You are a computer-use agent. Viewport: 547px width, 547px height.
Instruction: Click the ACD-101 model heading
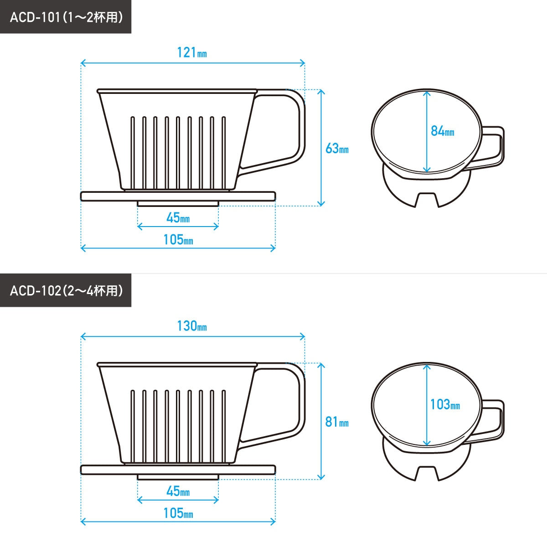pos(66,17)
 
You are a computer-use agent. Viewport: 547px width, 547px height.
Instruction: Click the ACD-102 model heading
pos(66,290)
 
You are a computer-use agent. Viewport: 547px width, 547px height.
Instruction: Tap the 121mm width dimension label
pos(192,52)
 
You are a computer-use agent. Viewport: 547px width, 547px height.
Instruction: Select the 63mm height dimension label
pos(337,148)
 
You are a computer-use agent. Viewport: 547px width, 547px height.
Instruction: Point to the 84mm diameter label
pos(442,131)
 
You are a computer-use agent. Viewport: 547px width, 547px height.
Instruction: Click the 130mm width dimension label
pos(192,326)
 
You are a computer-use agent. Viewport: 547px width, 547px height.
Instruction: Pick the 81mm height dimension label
pos(337,422)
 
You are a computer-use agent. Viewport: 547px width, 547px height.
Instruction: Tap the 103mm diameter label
pos(445,404)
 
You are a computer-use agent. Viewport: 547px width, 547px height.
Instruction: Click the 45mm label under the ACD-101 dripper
pos(178,218)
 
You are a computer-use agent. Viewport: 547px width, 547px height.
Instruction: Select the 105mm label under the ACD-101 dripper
pos(178,240)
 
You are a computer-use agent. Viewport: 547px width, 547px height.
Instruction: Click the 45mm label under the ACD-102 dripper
pos(178,491)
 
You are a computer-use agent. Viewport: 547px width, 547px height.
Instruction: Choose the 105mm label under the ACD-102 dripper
pos(178,513)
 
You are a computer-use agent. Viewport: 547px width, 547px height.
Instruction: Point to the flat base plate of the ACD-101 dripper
pos(178,196)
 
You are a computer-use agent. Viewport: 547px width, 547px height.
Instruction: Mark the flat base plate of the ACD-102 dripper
pos(178,470)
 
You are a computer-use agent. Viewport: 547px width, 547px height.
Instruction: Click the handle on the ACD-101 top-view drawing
pos(502,148)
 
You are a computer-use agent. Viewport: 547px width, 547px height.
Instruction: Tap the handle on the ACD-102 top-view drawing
pos(502,421)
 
